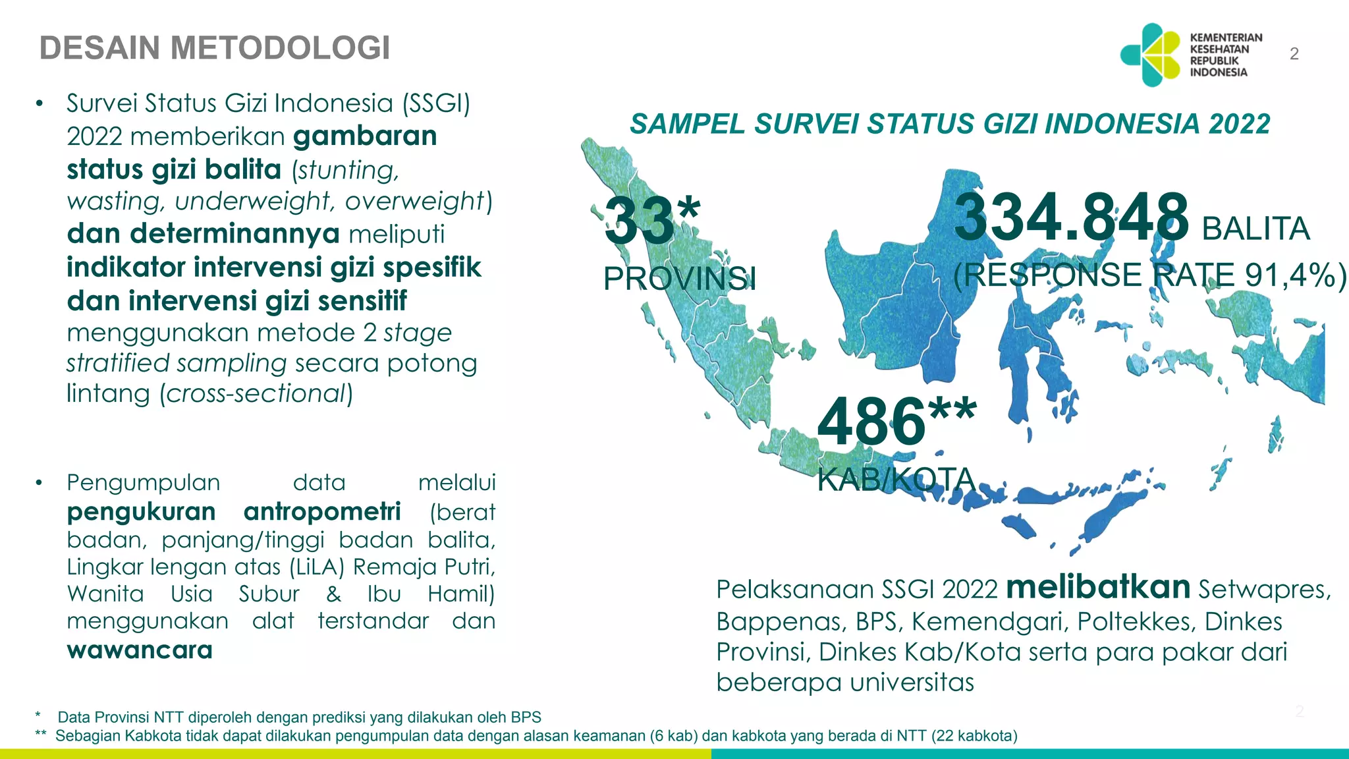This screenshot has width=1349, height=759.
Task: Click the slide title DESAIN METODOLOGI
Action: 215,48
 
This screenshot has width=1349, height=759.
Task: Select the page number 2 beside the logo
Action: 1294,54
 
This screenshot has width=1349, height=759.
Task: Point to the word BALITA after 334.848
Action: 1255,229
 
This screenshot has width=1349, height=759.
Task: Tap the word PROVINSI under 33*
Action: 680,279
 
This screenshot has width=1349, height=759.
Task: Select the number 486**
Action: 896,421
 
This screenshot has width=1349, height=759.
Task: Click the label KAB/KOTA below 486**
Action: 896,479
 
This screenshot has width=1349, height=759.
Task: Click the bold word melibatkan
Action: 1098,587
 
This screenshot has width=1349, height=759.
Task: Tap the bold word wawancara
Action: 140,650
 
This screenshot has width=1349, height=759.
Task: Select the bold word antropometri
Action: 322,512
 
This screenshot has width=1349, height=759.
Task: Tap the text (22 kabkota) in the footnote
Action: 974,736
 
